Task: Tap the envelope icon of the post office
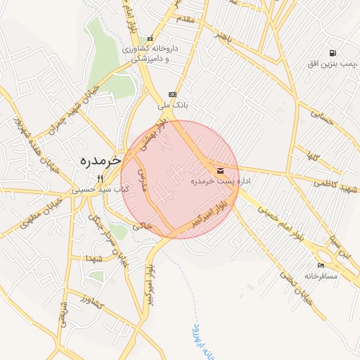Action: (x=221, y=171)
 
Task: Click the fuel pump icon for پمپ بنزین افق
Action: (x=332, y=53)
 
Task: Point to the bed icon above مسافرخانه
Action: (x=321, y=265)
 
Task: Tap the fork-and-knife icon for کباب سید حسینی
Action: (x=101, y=179)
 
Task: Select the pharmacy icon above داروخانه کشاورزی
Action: (x=149, y=39)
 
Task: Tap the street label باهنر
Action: (x=223, y=35)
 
